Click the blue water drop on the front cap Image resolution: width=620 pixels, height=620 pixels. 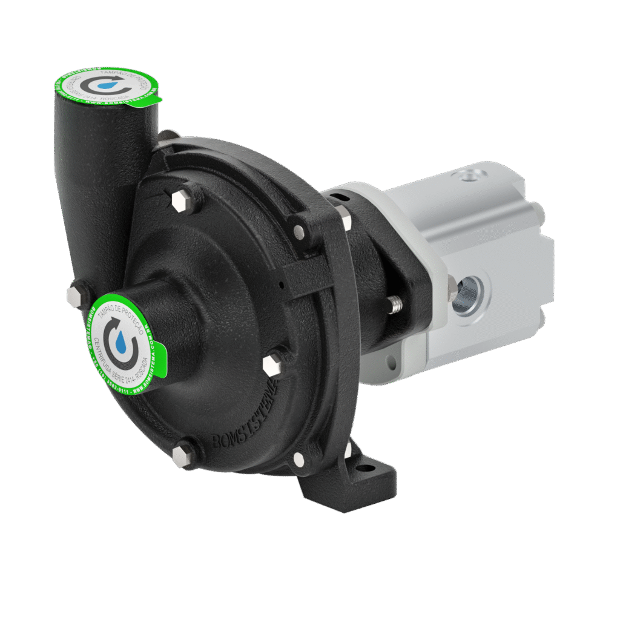coord(123,346)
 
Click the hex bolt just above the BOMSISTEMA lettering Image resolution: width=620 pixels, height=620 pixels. coord(272,364)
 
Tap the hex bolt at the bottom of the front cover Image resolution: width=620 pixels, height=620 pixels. coord(182,455)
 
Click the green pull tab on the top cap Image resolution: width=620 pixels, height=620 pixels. coord(155,99)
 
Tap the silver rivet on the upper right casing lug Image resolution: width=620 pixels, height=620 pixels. coord(299,231)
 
